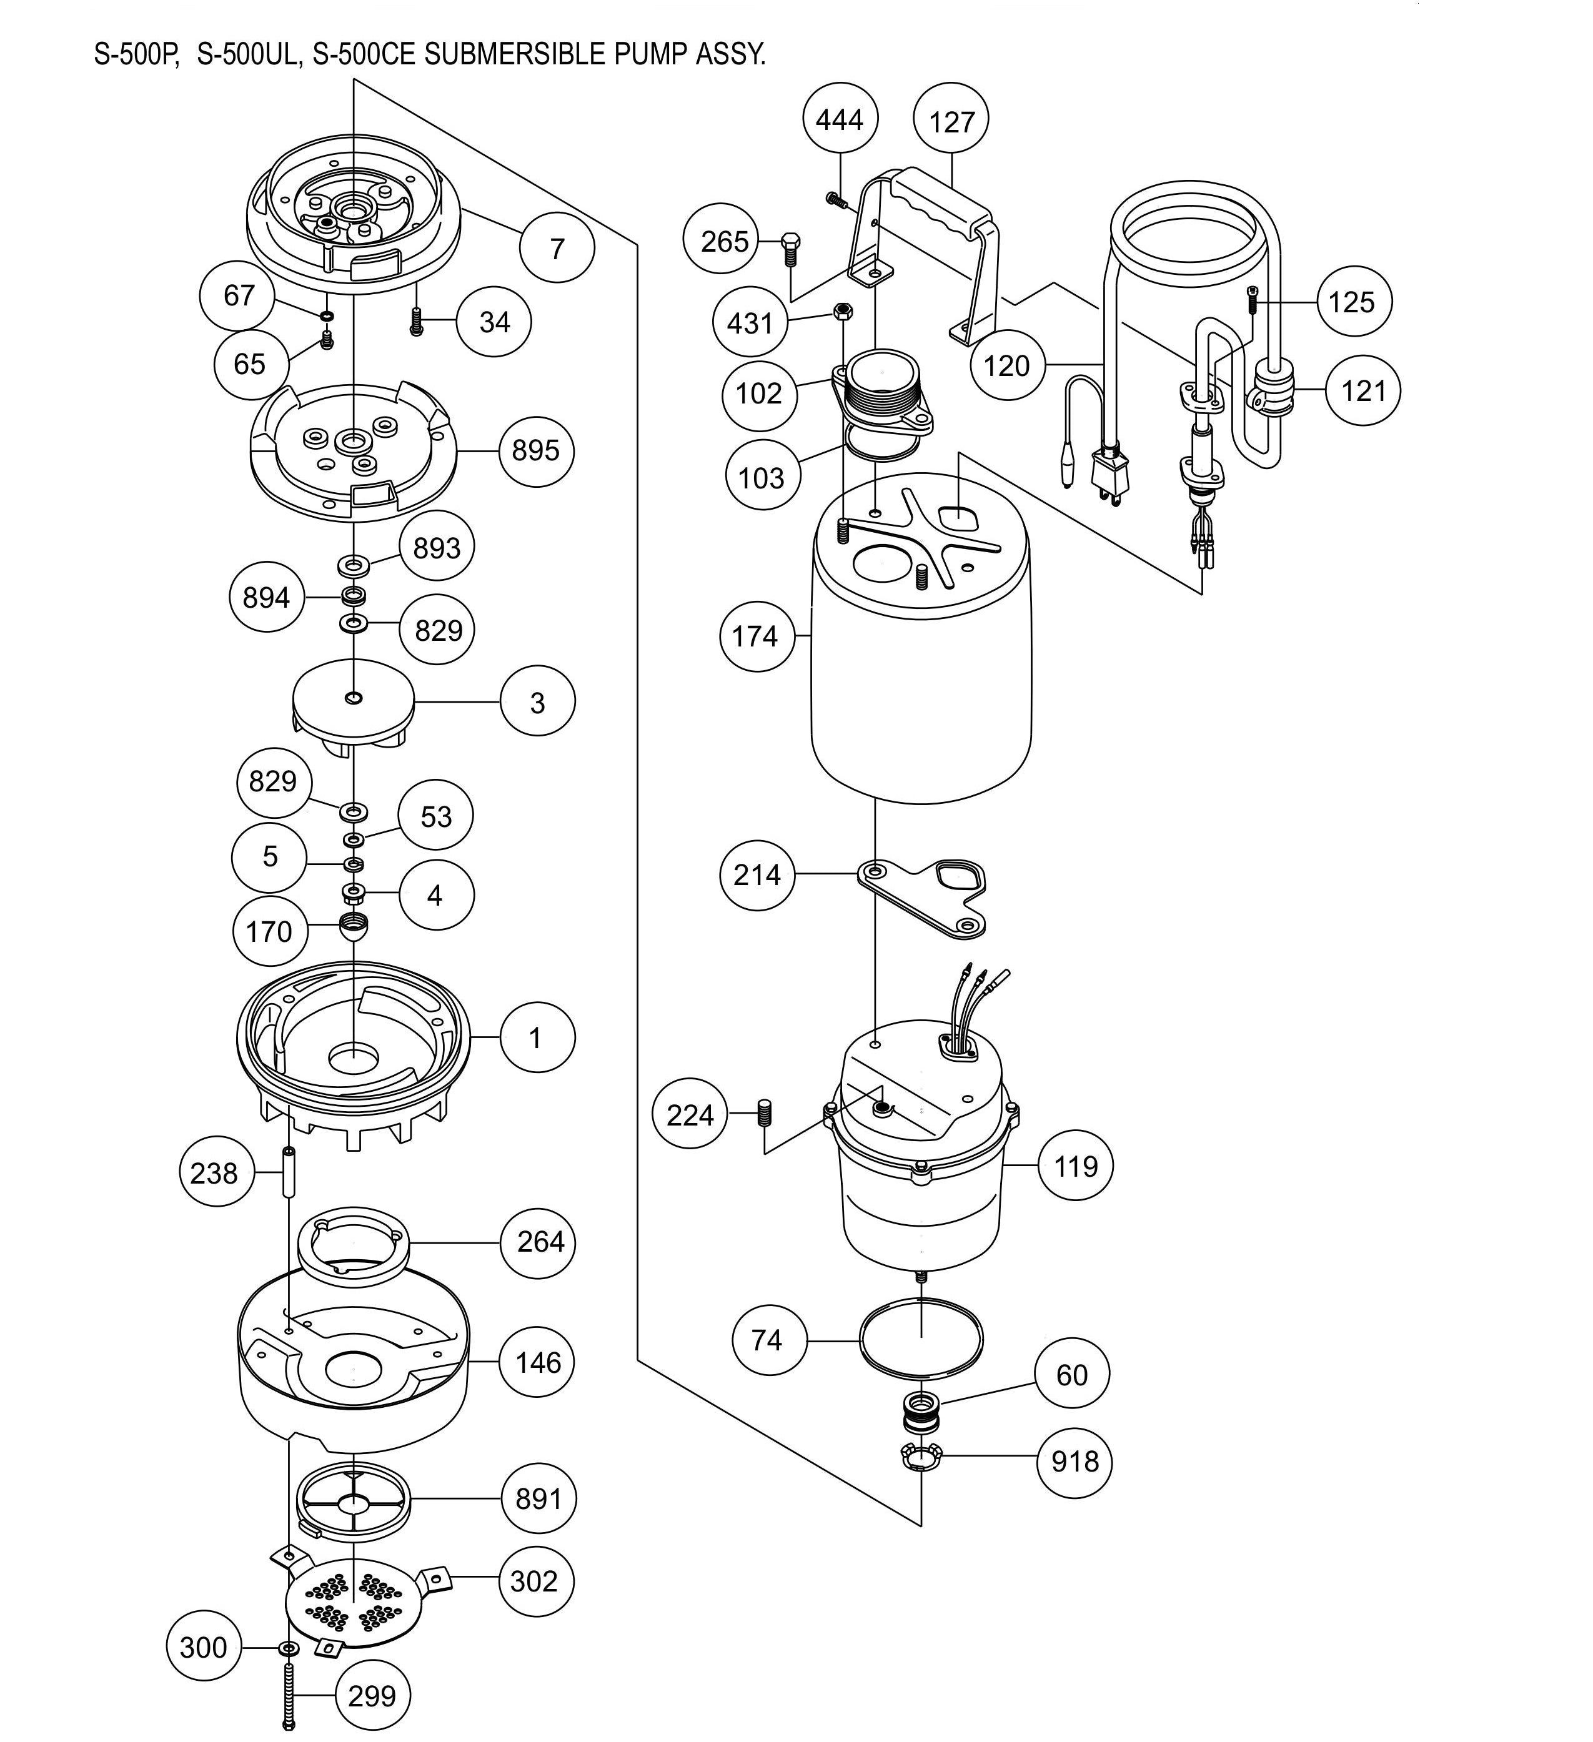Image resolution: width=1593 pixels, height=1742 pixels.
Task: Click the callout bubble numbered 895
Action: point(536,450)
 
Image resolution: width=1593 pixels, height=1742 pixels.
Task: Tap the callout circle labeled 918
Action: point(1074,1461)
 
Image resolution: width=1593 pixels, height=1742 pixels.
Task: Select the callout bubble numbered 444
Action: point(839,119)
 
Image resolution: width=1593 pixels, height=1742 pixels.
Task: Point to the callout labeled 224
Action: point(690,1116)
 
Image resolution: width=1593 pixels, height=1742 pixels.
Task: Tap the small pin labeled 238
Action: point(288,1172)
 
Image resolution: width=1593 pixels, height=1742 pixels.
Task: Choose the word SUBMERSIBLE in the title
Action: point(514,54)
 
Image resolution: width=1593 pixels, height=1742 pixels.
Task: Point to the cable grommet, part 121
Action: point(1271,390)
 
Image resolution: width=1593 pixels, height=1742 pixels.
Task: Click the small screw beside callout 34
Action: point(417,322)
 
